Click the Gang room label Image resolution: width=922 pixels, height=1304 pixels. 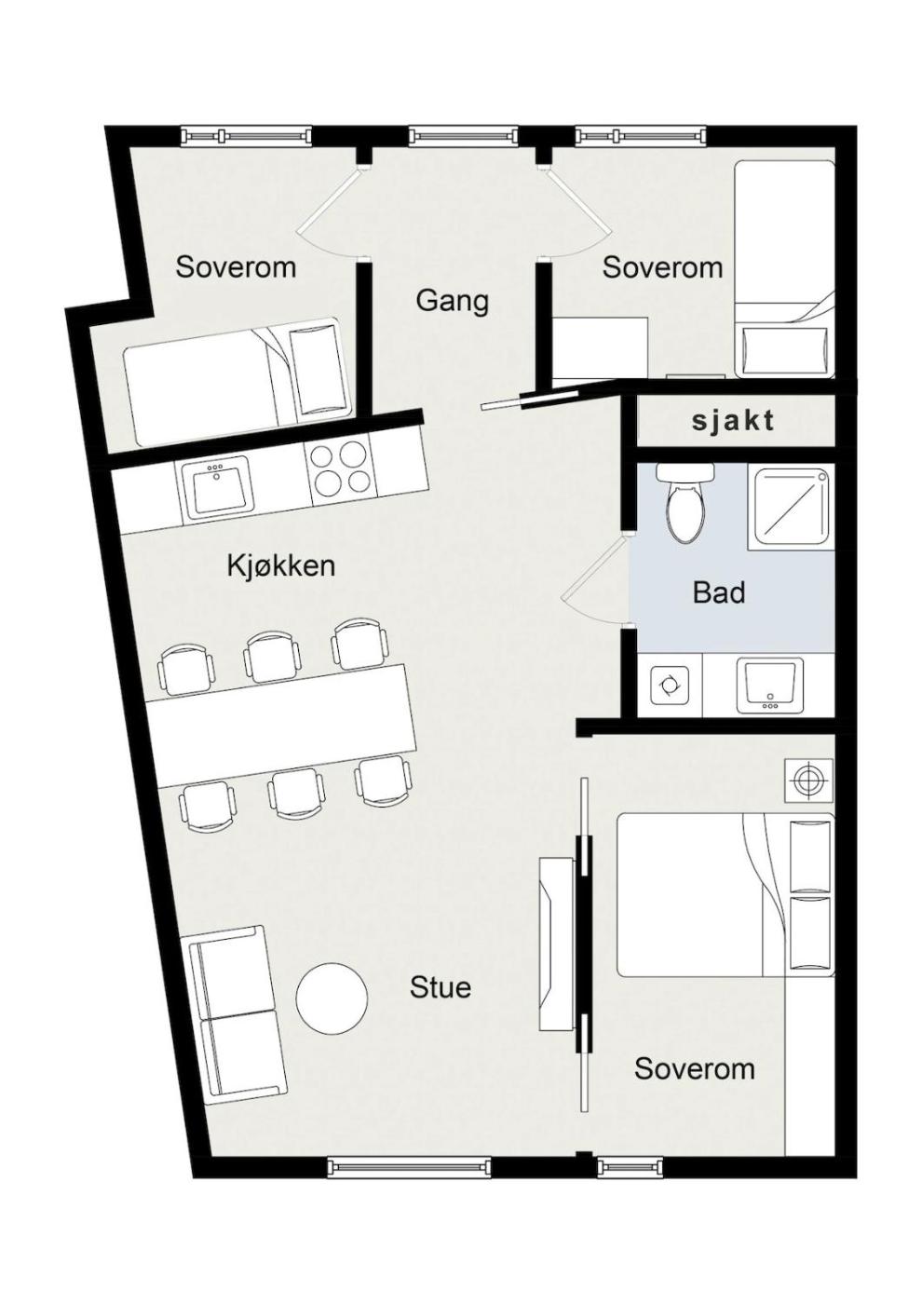click(x=453, y=302)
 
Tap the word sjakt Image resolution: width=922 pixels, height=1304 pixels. click(x=733, y=420)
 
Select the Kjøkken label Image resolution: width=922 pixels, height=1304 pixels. click(x=281, y=565)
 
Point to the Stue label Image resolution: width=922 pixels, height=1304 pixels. click(x=440, y=987)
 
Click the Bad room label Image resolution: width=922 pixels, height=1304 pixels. click(x=719, y=592)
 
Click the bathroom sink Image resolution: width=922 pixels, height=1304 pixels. click(x=769, y=686)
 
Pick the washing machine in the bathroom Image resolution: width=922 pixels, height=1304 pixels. click(x=670, y=686)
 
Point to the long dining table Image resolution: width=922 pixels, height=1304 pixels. click(x=282, y=726)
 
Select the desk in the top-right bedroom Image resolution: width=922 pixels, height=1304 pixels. click(x=600, y=347)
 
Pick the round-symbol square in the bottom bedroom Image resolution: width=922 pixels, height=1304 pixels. click(x=808, y=781)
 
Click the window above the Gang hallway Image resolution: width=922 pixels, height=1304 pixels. click(x=463, y=136)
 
